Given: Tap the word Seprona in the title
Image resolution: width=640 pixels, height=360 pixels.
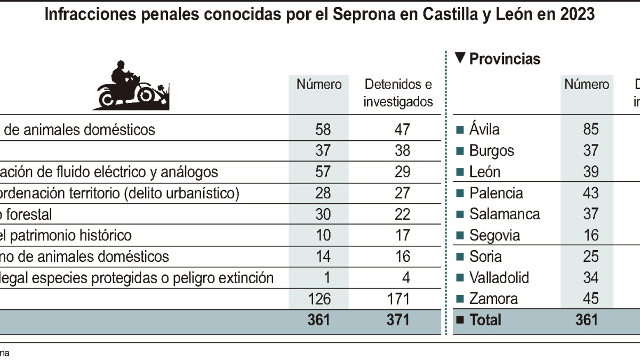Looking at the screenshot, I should click(x=363, y=14).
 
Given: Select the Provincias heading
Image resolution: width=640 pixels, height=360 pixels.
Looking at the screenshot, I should click(x=505, y=59).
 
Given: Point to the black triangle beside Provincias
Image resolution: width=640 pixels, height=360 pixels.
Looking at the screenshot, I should click(x=460, y=58).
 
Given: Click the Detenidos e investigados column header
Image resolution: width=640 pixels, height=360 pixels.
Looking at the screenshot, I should click(x=398, y=93).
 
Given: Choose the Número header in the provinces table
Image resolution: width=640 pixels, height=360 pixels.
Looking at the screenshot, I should click(x=587, y=84).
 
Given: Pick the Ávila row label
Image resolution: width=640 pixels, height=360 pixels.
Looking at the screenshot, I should click(x=484, y=129).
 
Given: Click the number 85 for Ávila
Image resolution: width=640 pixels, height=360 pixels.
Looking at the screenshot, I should click(x=590, y=129).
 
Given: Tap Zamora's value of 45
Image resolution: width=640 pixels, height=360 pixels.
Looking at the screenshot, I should click(x=590, y=299).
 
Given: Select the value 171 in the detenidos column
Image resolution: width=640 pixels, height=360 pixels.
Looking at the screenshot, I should click(x=398, y=299).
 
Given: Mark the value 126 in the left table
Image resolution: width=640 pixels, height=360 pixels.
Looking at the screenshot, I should click(x=319, y=299).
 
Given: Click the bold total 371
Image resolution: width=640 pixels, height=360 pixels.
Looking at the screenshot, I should click(x=398, y=319).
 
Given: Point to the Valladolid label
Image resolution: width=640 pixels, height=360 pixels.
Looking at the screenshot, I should click(x=499, y=278).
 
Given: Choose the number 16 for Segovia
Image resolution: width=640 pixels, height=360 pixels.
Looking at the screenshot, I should click(x=590, y=235).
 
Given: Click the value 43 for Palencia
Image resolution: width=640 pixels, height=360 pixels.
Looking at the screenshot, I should click(x=590, y=193).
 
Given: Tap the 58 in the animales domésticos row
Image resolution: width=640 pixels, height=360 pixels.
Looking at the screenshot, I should click(x=323, y=129).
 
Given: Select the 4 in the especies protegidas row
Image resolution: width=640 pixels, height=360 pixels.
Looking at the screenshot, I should click(x=406, y=278).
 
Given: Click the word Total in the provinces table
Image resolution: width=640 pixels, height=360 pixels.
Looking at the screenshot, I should click(x=485, y=319).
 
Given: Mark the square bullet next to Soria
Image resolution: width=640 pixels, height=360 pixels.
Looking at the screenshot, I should click(x=459, y=257).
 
